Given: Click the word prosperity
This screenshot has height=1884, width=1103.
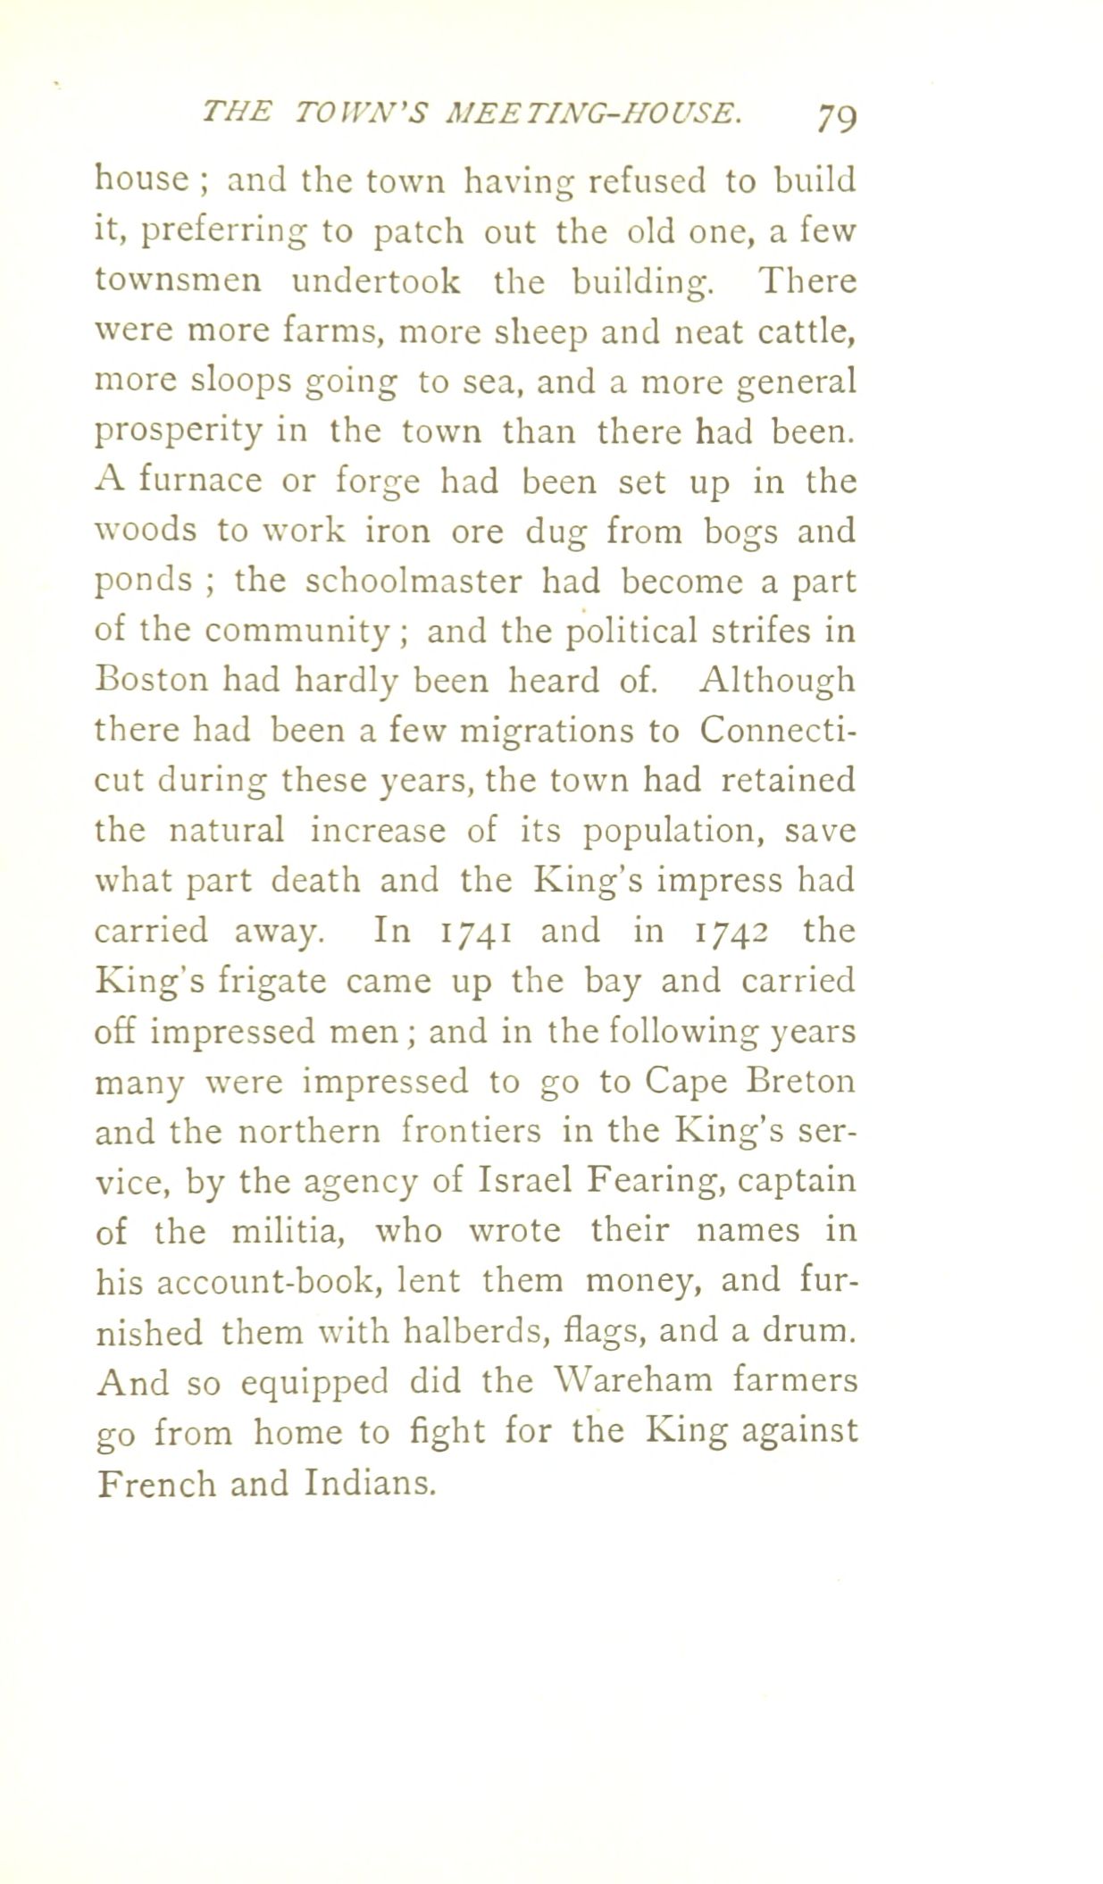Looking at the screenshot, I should point(179,433).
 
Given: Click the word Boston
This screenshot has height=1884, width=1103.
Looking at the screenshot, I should point(150,682).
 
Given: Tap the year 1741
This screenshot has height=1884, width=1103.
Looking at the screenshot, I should point(473,932).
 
